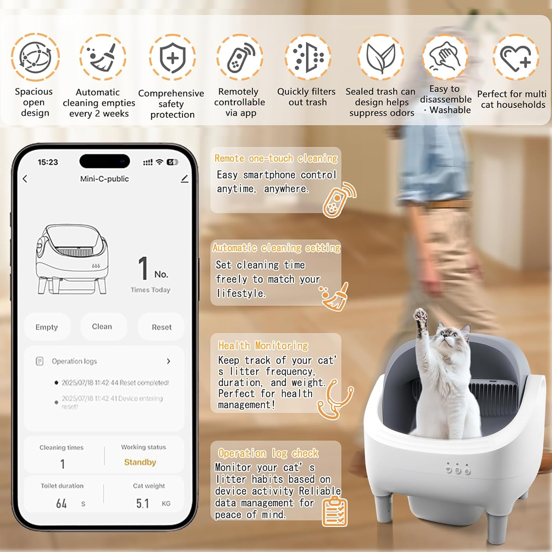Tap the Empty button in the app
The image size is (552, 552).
(x=47, y=327)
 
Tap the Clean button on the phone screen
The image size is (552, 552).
(x=102, y=326)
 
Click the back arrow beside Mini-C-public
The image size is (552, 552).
(x=25, y=179)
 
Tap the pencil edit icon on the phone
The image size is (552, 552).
(x=185, y=179)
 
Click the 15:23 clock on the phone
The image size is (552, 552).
(x=48, y=162)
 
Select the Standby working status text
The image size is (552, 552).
(x=140, y=462)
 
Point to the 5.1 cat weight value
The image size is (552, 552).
(x=142, y=503)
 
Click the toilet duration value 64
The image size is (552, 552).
(x=61, y=503)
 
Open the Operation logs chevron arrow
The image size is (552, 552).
(x=169, y=361)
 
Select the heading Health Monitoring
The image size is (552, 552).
(x=263, y=346)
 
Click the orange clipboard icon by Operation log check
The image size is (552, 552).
(x=335, y=511)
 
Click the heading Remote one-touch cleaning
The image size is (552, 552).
(x=276, y=158)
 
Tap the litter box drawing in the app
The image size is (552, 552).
(x=72, y=259)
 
